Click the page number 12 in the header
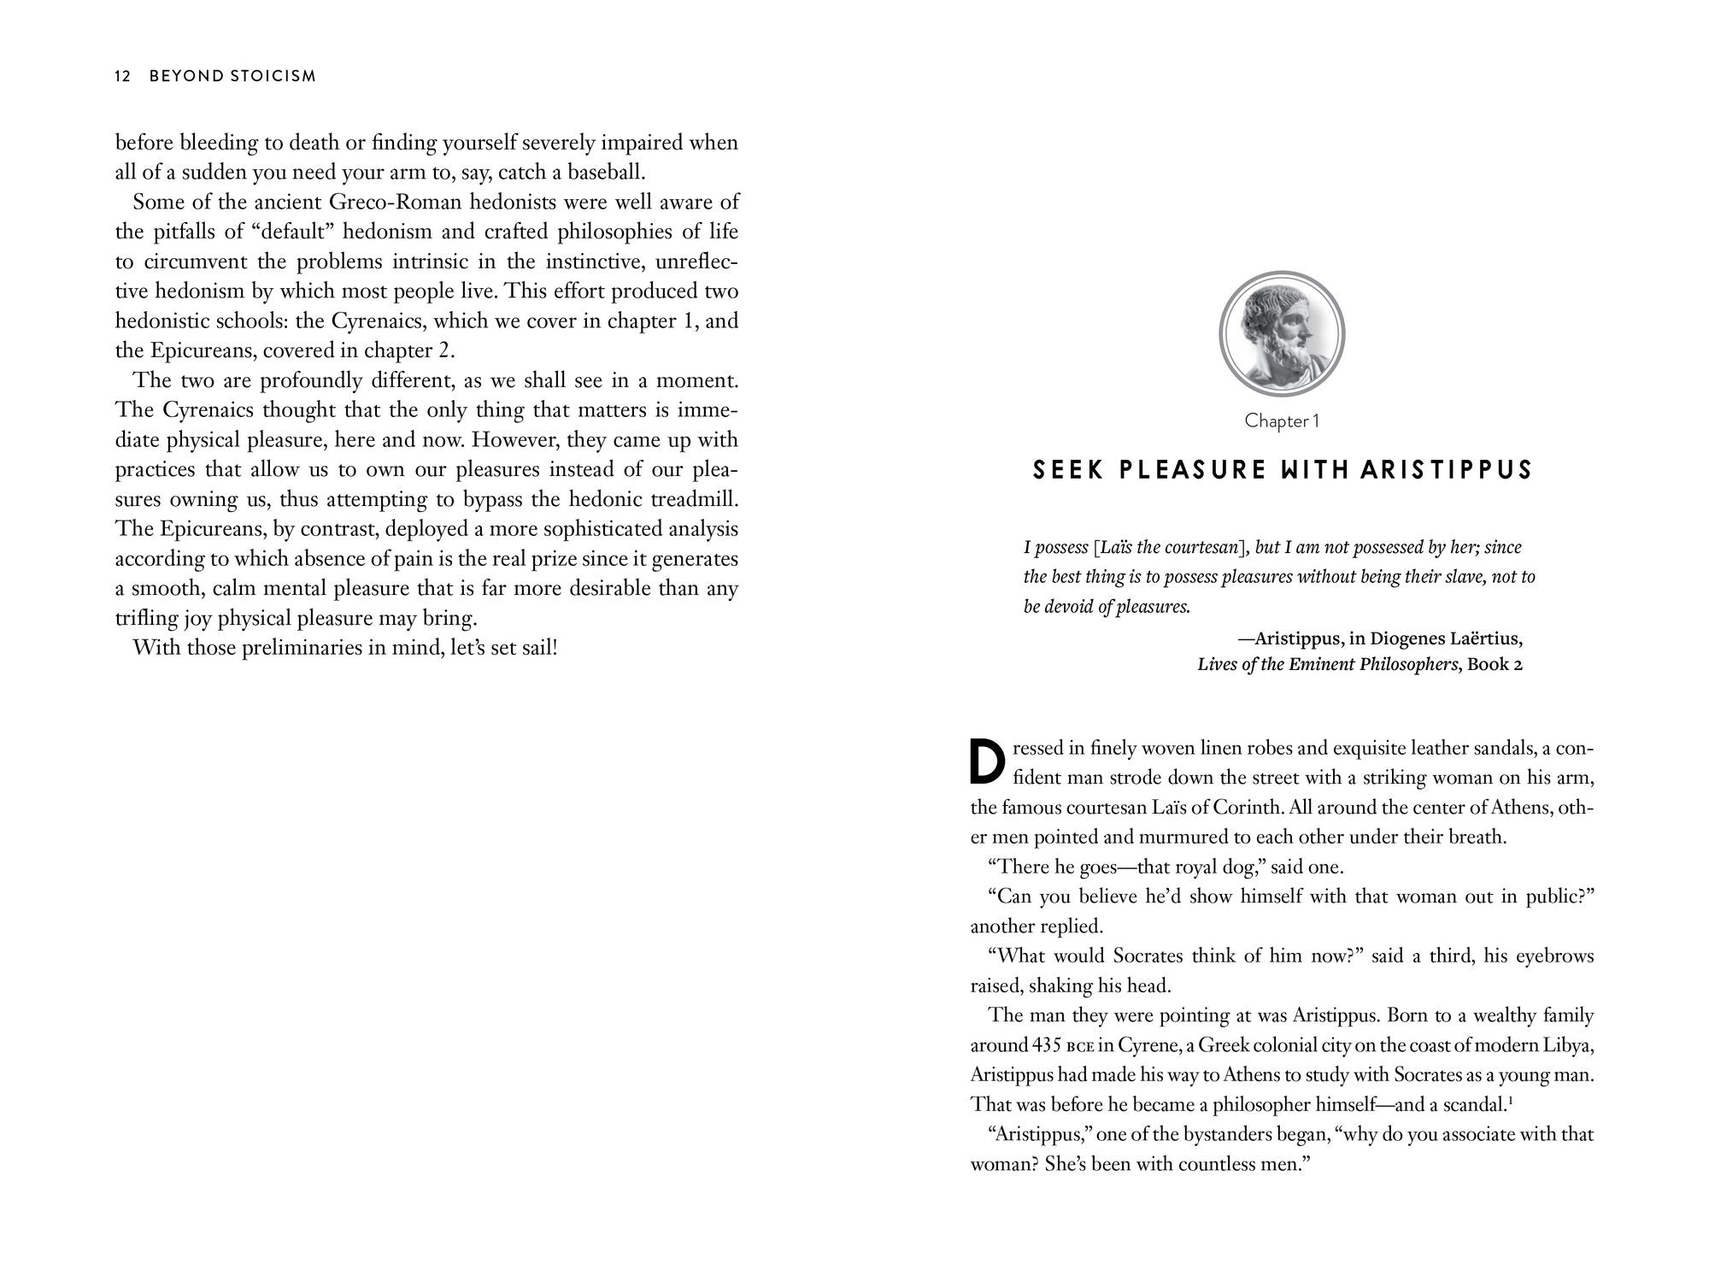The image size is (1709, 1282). click(x=122, y=76)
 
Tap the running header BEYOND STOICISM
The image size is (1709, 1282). click(x=232, y=76)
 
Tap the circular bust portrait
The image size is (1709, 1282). click(x=1281, y=333)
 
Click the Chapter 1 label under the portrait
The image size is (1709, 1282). click(x=1282, y=420)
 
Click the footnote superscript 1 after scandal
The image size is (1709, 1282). click(x=1511, y=1099)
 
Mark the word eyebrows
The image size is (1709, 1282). click(x=1554, y=956)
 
